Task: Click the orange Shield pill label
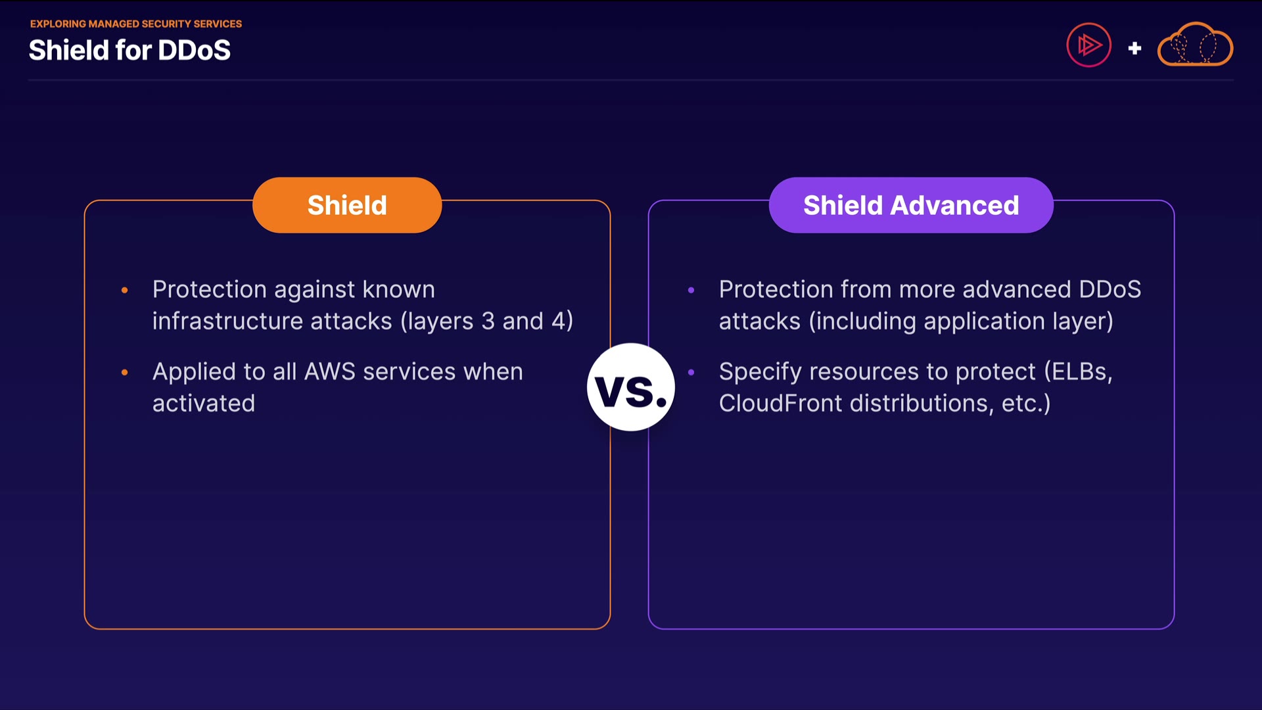[x=347, y=205]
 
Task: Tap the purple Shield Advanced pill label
[x=911, y=205]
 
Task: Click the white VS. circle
[x=631, y=387]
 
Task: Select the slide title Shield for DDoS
[x=129, y=50]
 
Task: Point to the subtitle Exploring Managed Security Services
[x=136, y=24]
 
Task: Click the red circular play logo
[x=1088, y=45]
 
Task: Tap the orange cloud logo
[x=1195, y=45]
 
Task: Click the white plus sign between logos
[x=1134, y=48]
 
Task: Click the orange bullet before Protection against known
[x=125, y=290]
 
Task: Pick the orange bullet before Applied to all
[x=125, y=372]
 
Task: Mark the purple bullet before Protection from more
[x=691, y=290]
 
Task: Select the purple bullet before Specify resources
[x=691, y=372]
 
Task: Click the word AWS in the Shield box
[x=329, y=371]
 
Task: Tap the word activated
[x=204, y=403]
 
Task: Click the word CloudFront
[x=780, y=403]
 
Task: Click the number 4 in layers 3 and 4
[x=558, y=321]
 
